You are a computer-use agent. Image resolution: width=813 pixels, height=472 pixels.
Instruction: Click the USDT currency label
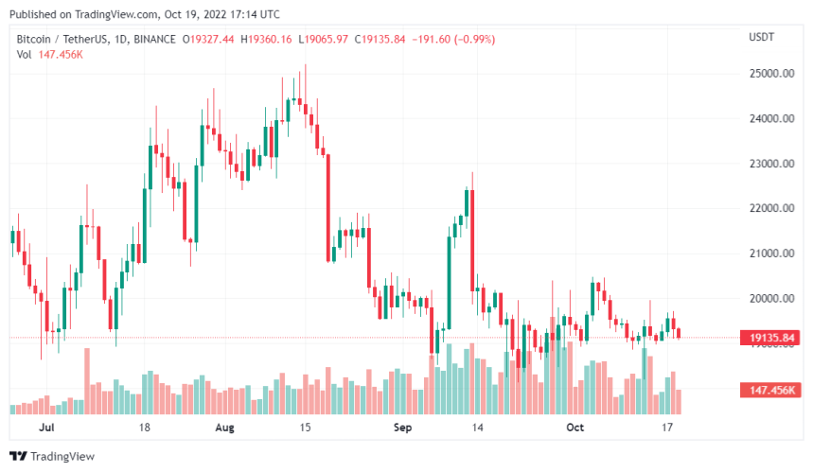[x=762, y=37]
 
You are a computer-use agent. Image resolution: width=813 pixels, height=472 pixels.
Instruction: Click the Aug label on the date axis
[x=225, y=428]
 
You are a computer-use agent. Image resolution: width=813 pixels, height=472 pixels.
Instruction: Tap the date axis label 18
[x=145, y=428]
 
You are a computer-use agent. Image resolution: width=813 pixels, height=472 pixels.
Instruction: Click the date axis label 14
[x=479, y=428]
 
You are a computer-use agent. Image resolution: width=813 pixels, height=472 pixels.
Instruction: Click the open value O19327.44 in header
[x=212, y=39]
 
